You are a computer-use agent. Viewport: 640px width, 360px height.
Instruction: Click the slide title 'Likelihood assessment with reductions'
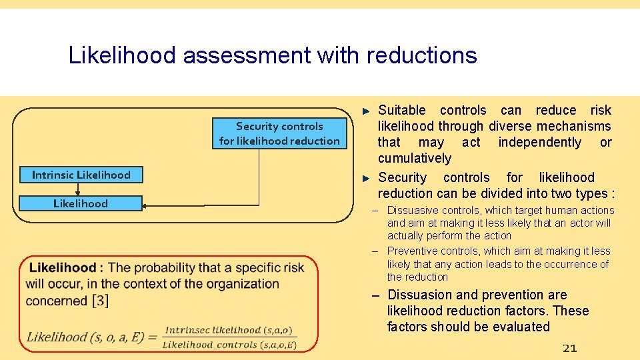[x=272, y=55]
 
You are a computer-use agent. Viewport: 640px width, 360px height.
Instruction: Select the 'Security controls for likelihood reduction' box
[x=279, y=133]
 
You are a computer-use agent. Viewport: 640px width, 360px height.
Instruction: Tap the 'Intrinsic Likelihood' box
[x=81, y=175]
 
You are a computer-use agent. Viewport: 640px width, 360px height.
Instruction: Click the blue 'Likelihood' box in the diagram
[x=81, y=203]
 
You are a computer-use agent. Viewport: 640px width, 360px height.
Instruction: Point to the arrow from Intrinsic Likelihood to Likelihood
[x=78, y=189]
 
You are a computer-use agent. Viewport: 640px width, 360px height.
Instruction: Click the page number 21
[x=569, y=348]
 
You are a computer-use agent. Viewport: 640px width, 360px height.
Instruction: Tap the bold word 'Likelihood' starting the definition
[x=63, y=268]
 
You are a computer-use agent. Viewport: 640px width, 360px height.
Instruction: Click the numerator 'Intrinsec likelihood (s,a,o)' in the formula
[x=231, y=330]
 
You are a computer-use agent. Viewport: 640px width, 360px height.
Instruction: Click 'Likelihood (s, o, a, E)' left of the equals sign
[x=85, y=337]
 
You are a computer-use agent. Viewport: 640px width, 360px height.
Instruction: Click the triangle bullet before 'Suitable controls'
[x=365, y=110]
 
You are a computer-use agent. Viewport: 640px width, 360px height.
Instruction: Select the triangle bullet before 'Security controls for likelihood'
[x=365, y=177]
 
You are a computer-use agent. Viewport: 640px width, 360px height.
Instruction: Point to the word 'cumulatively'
[x=414, y=158]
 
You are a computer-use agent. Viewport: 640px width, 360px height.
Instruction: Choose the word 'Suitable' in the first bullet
[x=401, y=110]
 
